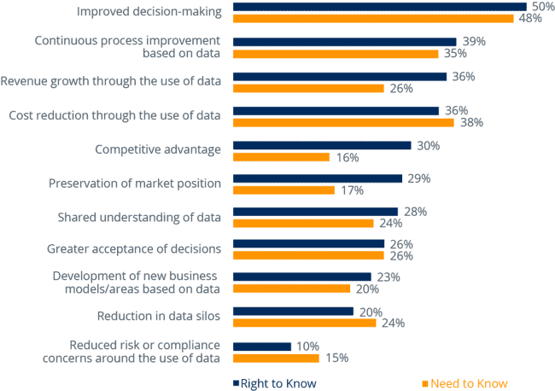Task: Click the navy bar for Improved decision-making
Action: pos(380,7)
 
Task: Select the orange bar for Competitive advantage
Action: pos(281,157)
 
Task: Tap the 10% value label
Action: pos(307,346)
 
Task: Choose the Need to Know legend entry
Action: pos(465,383)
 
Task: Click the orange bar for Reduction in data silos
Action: pos(305,323)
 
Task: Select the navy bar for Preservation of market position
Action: pos(318,178)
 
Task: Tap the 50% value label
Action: pos(541,7)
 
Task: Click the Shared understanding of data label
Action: pos(139,217)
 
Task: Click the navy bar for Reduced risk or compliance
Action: pos(262,346)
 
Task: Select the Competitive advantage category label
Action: pos(158,149)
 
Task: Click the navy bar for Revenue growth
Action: pos(340,77)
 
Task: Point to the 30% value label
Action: pos(427,146)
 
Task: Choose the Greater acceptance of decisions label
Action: pos(134,248)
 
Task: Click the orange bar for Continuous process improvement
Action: pos(336,53)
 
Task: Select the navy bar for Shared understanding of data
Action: pos(315,211)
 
